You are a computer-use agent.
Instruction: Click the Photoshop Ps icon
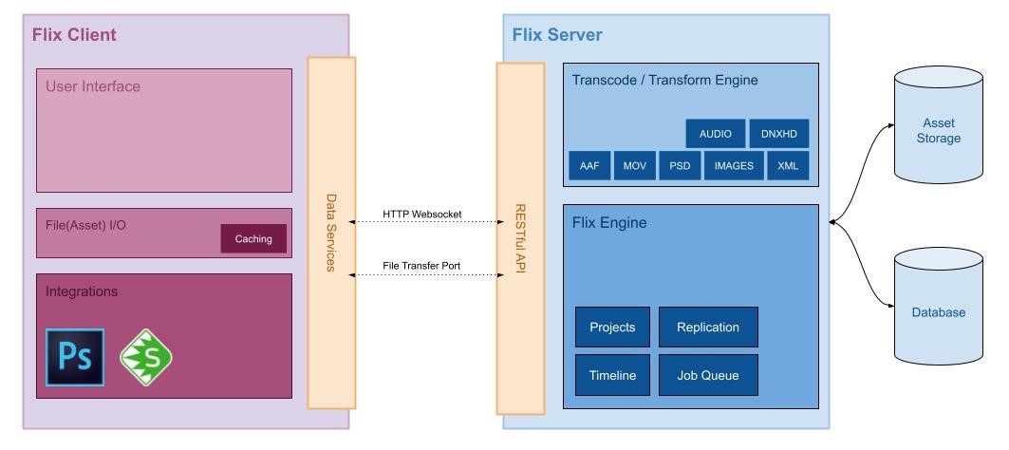click(x=75, y=357)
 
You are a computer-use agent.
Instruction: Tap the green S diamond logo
click(x=145, y=356)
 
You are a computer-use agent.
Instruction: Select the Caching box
click(x=253, y=239)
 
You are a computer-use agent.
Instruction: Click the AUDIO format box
click(x=715, y=134)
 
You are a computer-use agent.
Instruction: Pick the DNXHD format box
click(x=778, y=134)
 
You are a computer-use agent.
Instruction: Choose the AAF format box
click(x=589, y=165)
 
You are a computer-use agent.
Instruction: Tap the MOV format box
click(x=634, y=165)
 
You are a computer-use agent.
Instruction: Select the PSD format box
click(x=680, y=165)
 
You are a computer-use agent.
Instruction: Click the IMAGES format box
click(x=734, y=165)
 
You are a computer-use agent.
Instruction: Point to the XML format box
click(x=787, y=165)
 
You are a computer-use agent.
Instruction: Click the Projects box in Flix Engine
click(x=612, y=327)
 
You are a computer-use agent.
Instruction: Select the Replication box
click(x=707, y=327)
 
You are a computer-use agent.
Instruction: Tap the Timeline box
click(x=612, y=375)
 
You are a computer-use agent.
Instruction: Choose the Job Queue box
click(x=707, y=375)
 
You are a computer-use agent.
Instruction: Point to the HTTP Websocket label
click(x=422, y=215)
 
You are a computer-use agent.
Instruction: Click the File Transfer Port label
click(x=422, y=266)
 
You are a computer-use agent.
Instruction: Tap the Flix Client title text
click(x=74, y=35)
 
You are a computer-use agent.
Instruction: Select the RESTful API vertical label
click(x=520, y=237)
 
